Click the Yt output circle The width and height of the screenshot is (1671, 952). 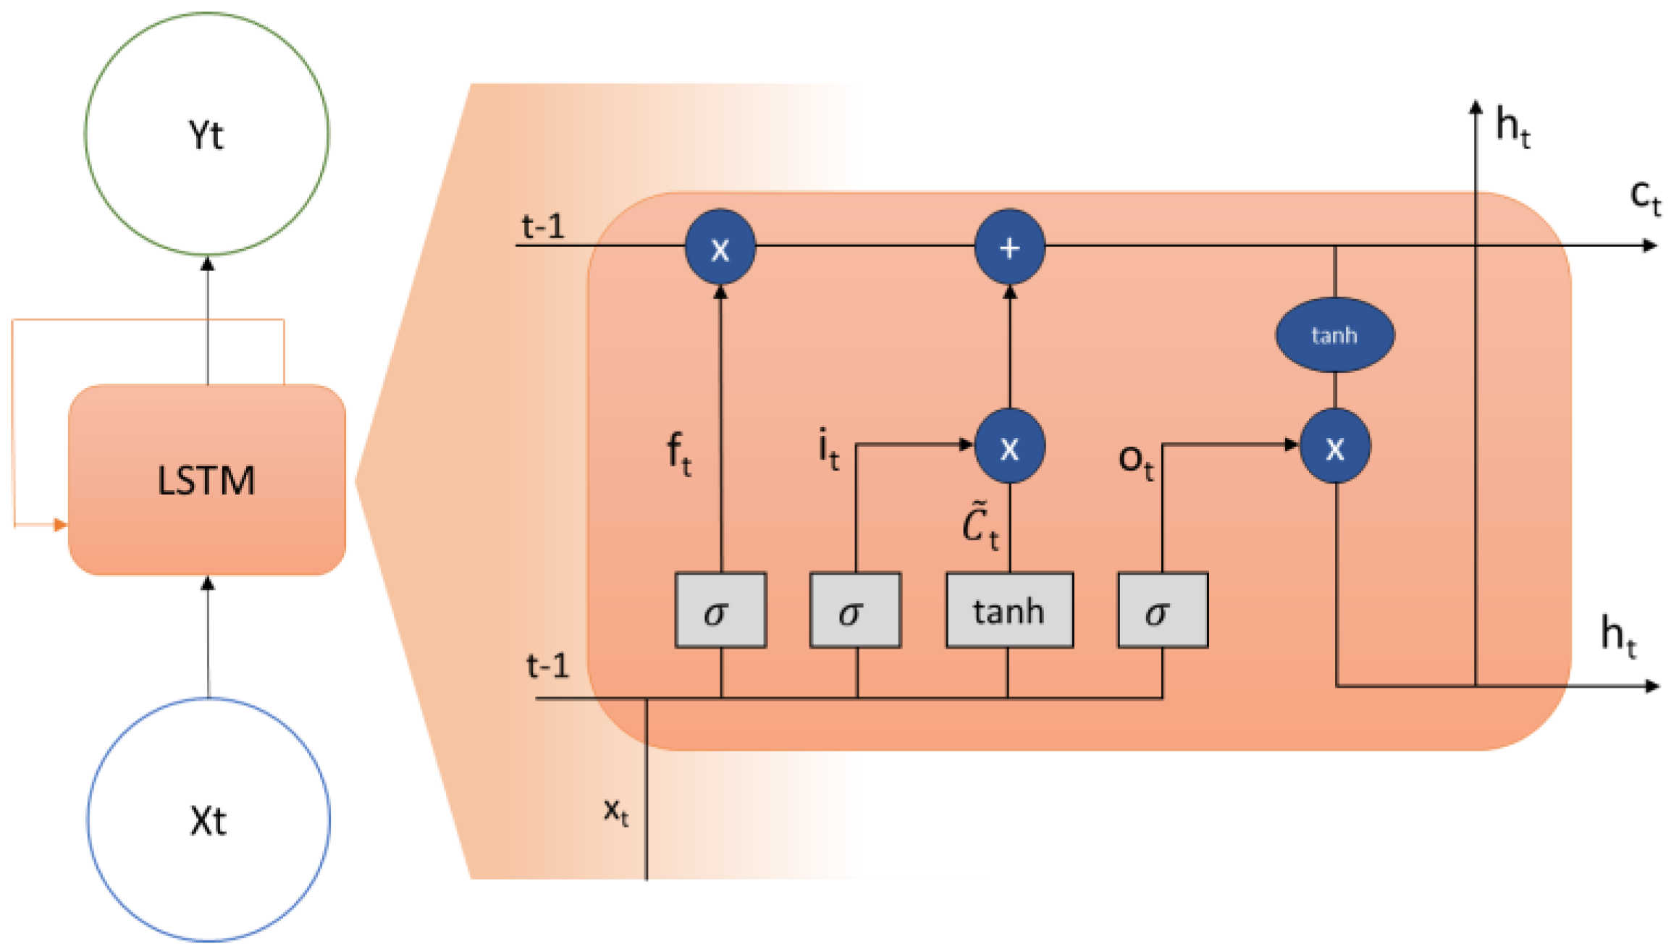[206, 134]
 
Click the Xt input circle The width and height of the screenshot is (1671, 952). [209, 820]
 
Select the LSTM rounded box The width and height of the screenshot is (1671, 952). [206, 479]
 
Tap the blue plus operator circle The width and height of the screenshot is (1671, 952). [1009, 247]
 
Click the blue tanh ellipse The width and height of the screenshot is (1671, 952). [1334, 334]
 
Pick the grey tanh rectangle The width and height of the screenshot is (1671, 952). [1009, 610]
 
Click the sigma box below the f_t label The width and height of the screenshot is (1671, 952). [720, 610]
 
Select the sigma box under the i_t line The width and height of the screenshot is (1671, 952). [855, 610]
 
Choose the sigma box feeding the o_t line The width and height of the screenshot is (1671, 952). [1163, 610]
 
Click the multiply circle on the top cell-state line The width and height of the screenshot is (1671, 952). [720, 247]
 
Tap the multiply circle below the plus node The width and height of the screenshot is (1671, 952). [1009, 446]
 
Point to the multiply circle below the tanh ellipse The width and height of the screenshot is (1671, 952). [1335, 446]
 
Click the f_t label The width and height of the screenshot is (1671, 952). [678, 454]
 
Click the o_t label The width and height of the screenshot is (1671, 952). [1135, 460]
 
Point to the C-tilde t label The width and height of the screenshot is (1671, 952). [980, 526]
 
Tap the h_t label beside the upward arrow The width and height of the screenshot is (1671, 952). [1512, 128]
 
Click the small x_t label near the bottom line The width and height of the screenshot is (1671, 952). [616, 811]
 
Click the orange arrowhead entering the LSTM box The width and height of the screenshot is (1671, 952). [61, 525]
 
